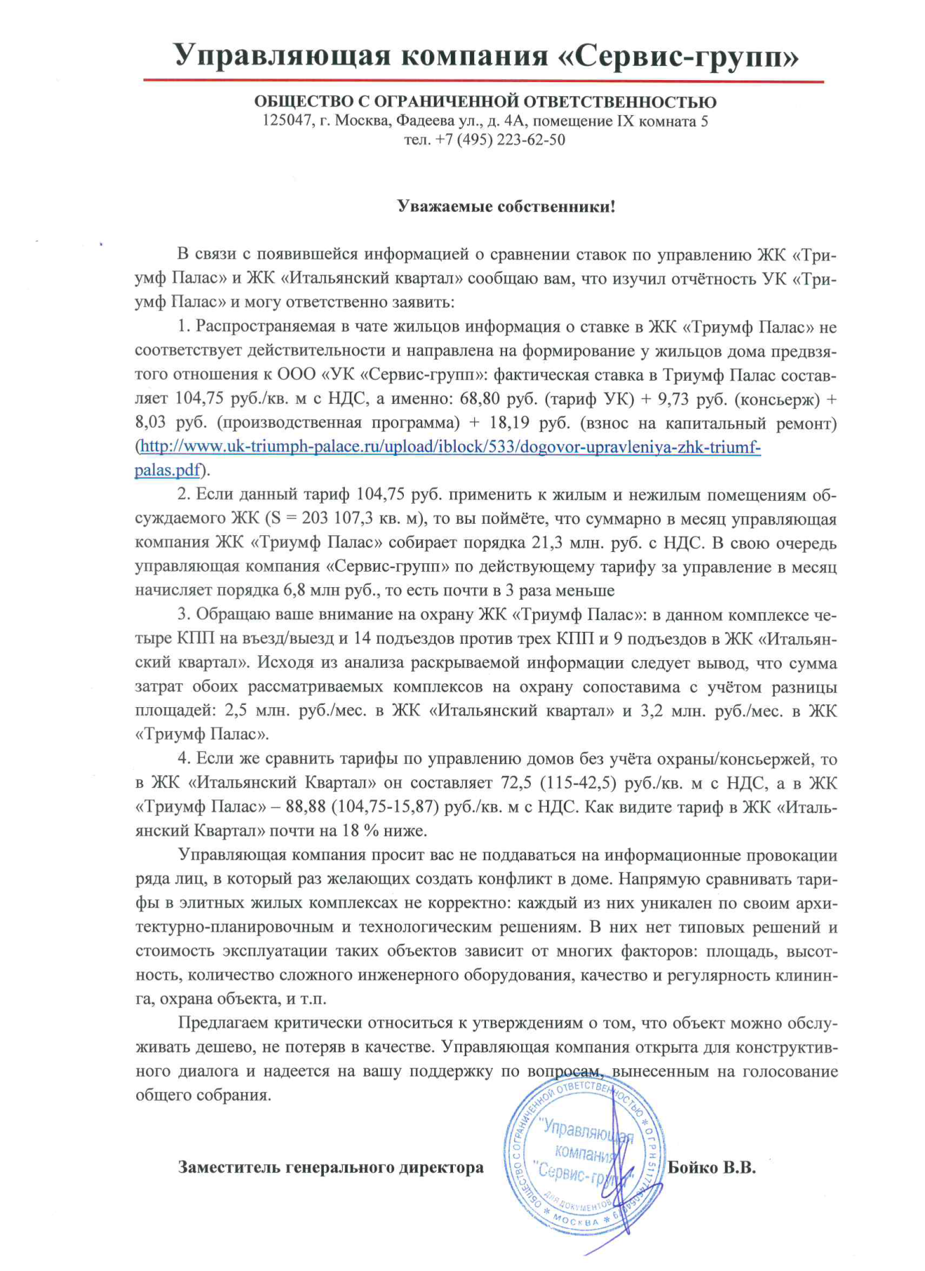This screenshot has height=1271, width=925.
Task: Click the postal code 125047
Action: click(x=287, y=121)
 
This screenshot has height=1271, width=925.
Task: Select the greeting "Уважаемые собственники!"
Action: click(x=506, y=206)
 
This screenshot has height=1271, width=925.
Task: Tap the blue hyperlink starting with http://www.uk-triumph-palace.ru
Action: click(x=450, y=447)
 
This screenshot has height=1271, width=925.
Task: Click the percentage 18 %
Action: click(x=360, y=831)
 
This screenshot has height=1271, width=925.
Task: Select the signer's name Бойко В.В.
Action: click(x=711, y=1167)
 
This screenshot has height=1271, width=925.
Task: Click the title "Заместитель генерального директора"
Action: click(x=330, y=1167)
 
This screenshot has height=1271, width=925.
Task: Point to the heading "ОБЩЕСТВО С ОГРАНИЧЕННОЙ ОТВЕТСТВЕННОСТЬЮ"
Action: click(x=485, y=102)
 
